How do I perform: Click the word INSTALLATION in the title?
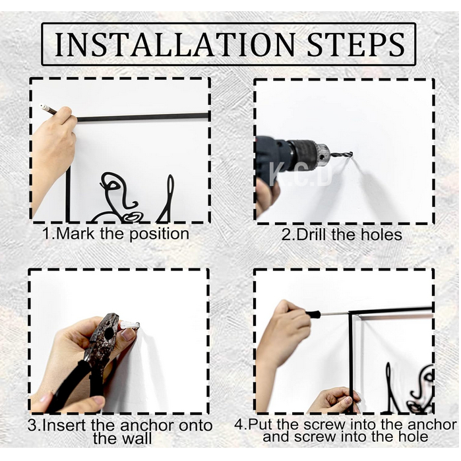tap(175, 44)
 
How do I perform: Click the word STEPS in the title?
tap(355, 44)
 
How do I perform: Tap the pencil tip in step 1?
tap(42, 106)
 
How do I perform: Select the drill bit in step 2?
tap(342, 154)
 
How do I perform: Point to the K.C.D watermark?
tap(300, 175)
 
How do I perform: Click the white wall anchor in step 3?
tap(129, 325)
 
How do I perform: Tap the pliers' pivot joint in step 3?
tap(109, 332)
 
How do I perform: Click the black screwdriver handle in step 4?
tap(312, 315)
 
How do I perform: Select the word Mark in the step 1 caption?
tap(75, 233)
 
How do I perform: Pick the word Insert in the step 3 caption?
tap(65, 425)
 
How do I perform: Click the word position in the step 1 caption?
tap(160, 234)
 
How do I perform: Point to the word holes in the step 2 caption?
tap(381, 235)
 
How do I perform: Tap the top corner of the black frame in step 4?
tap(350, 313)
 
